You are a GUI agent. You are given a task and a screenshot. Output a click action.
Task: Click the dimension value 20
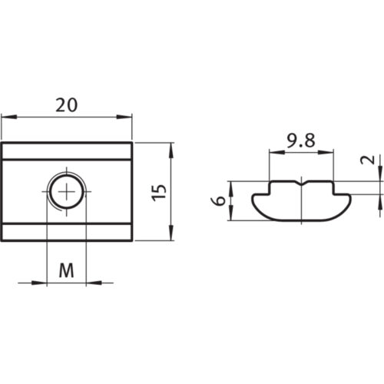(x=67, y=106)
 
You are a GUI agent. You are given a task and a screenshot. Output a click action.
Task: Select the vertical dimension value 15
(x=158, y=192)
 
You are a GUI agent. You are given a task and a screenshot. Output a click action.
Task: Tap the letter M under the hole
(x=67, y=270)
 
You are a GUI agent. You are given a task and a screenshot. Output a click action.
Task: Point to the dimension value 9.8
(x=301, y=141)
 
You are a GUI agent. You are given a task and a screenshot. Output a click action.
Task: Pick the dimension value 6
(x=220, y=201)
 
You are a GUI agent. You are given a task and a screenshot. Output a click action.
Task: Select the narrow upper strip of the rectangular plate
(x=67, y=150)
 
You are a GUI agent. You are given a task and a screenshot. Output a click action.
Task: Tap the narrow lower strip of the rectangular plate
(x=67, y=231)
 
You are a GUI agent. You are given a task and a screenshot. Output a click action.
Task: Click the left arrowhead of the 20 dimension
(x=6, y=118)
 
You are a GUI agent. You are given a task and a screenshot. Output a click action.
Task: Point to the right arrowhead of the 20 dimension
(x=128, y=118)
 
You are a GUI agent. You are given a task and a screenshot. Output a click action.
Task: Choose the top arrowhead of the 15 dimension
(x=170, y=147)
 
